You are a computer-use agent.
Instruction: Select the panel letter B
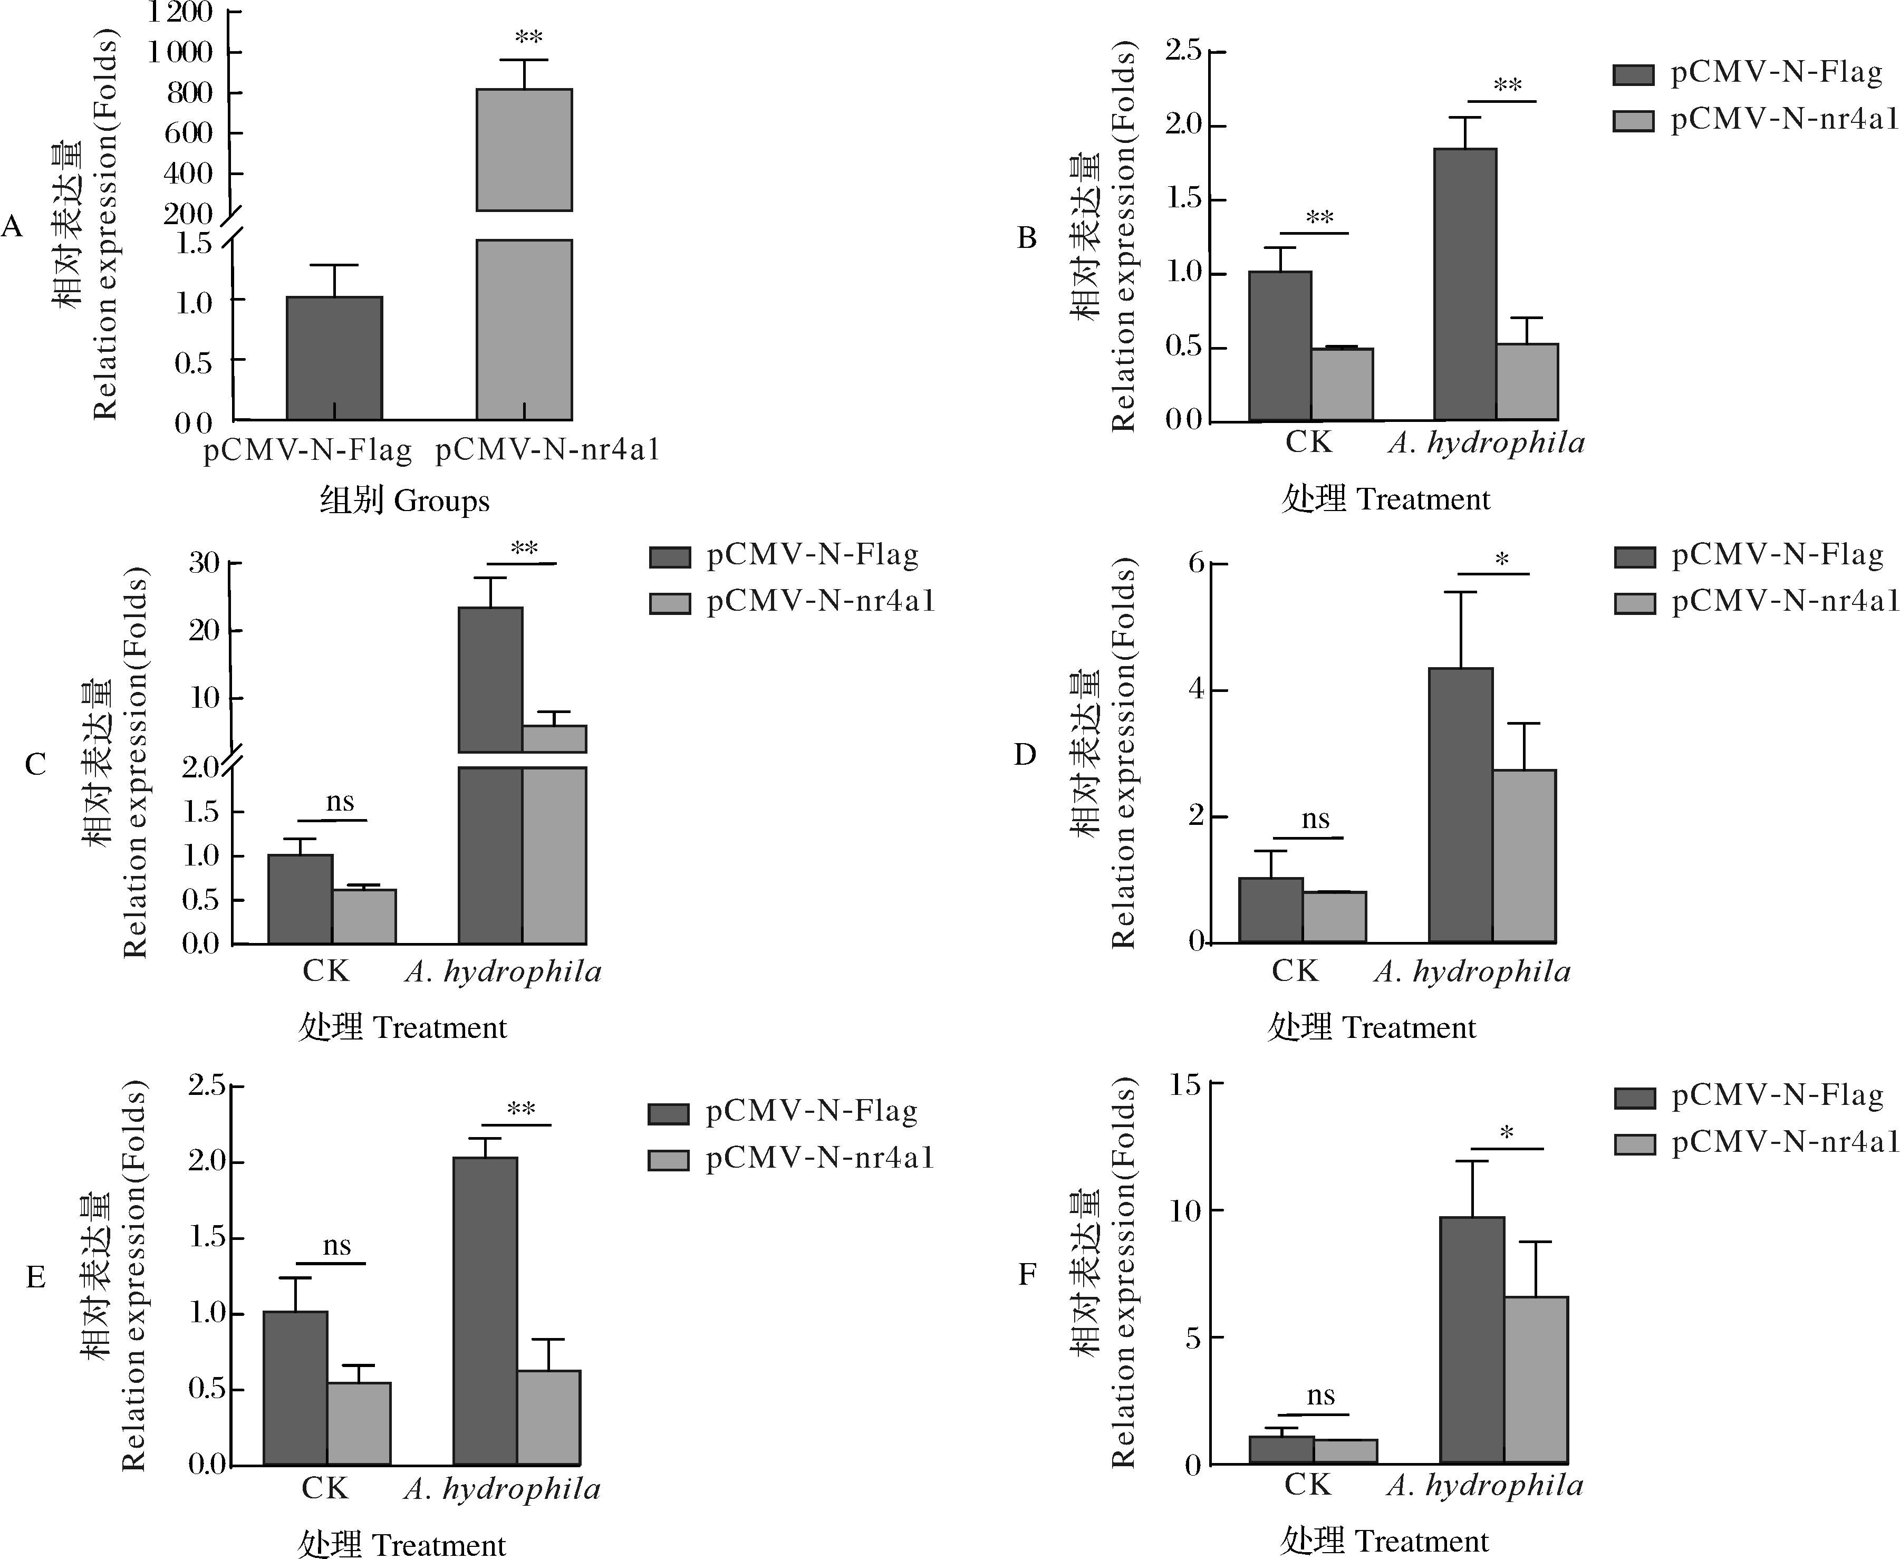pos(1026,238)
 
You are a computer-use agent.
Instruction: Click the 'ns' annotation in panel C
pos(340,801)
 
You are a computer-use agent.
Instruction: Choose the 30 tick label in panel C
pos(204,563)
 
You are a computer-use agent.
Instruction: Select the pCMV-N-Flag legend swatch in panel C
pos(670,557)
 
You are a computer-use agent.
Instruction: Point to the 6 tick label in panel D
pos(1195,563)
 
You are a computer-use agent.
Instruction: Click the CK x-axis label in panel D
pos(1295,971)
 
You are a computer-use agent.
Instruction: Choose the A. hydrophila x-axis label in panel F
pos(1484,1485)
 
